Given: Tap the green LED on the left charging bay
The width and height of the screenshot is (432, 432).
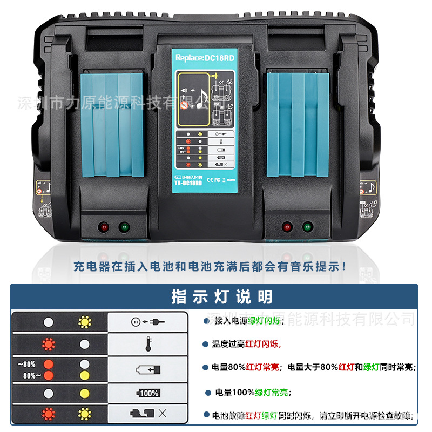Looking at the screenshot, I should click(124, 227).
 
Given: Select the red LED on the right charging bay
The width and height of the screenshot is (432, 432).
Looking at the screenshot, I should click(287, 227).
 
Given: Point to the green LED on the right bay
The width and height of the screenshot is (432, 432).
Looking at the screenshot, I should click(307, 227).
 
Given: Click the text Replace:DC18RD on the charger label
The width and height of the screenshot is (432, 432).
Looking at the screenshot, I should click(204, 57).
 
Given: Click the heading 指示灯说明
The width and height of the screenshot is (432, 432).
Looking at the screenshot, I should click(222, 296).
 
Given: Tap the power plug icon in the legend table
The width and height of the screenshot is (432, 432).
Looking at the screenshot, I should click(147, 322).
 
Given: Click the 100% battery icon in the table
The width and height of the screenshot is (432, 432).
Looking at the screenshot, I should click(147, 393).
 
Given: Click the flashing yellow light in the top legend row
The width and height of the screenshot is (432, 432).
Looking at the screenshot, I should click(84, 322).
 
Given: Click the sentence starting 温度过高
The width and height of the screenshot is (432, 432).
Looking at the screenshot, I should click(246, 344).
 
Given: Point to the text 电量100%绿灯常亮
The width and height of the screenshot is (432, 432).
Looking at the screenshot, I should click(252, 393).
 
